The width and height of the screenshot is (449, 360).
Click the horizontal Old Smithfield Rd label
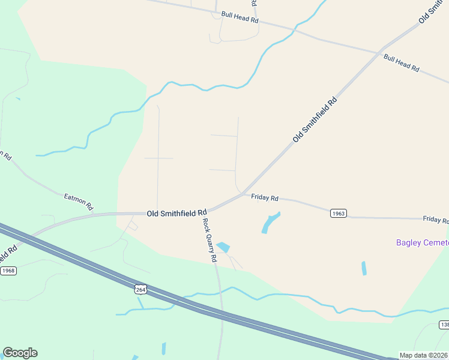(177, 212)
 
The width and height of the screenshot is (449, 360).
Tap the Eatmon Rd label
(79, 201)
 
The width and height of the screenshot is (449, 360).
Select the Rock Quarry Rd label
(209, 240)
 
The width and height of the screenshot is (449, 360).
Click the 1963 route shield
(339, 214)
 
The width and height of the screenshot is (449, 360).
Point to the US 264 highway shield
(140, 290)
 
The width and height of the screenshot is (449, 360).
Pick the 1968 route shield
(8, 271)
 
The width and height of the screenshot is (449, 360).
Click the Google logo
(20, 353)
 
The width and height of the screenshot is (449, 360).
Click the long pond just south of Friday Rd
(271, 223)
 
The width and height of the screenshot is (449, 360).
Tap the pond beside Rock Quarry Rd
(223, 247)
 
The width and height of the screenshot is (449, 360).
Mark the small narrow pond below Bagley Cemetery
(364, 268)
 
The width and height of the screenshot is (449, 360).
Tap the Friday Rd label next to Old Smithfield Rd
(265, 197)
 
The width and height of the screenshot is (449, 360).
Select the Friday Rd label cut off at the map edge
(435, 220)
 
